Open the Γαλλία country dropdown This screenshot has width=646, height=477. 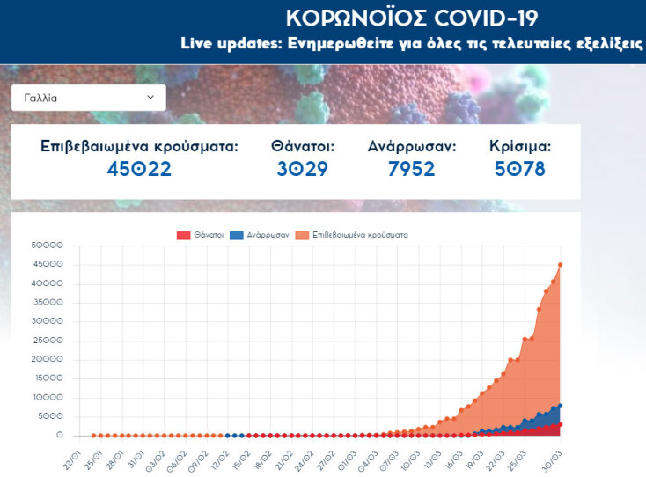[x=88, y=98]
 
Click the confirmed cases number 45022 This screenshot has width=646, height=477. [x=139, y=169]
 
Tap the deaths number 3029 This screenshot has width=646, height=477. [x=302, y=169]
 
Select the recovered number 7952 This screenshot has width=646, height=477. [x=411, y=169]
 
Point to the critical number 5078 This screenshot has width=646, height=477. [x=519, y=169]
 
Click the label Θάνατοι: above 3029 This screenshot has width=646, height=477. [x=302, y=146]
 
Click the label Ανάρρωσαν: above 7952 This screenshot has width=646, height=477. [x=411, y=146]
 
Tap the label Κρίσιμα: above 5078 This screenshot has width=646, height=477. [x=520, y=146]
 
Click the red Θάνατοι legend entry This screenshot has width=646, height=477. [x=200, y=235]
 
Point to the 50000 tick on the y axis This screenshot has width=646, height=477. [x=47, y=246]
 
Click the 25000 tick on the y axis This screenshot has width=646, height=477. [x=47, y=341]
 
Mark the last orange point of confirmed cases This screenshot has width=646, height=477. [x=561, y=264]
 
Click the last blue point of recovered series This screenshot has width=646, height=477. [x=561, y=406]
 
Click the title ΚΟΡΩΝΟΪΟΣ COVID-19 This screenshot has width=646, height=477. [x=411, y=18]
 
